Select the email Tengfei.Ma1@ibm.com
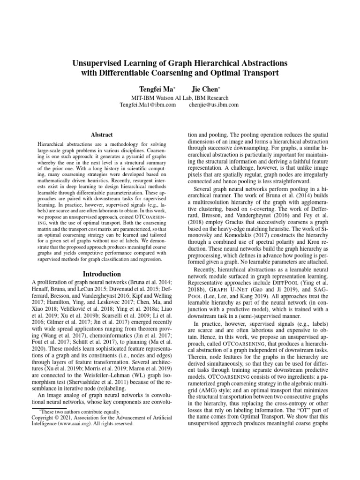tap(148, 105)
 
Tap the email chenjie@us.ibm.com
tap(213, 105)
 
